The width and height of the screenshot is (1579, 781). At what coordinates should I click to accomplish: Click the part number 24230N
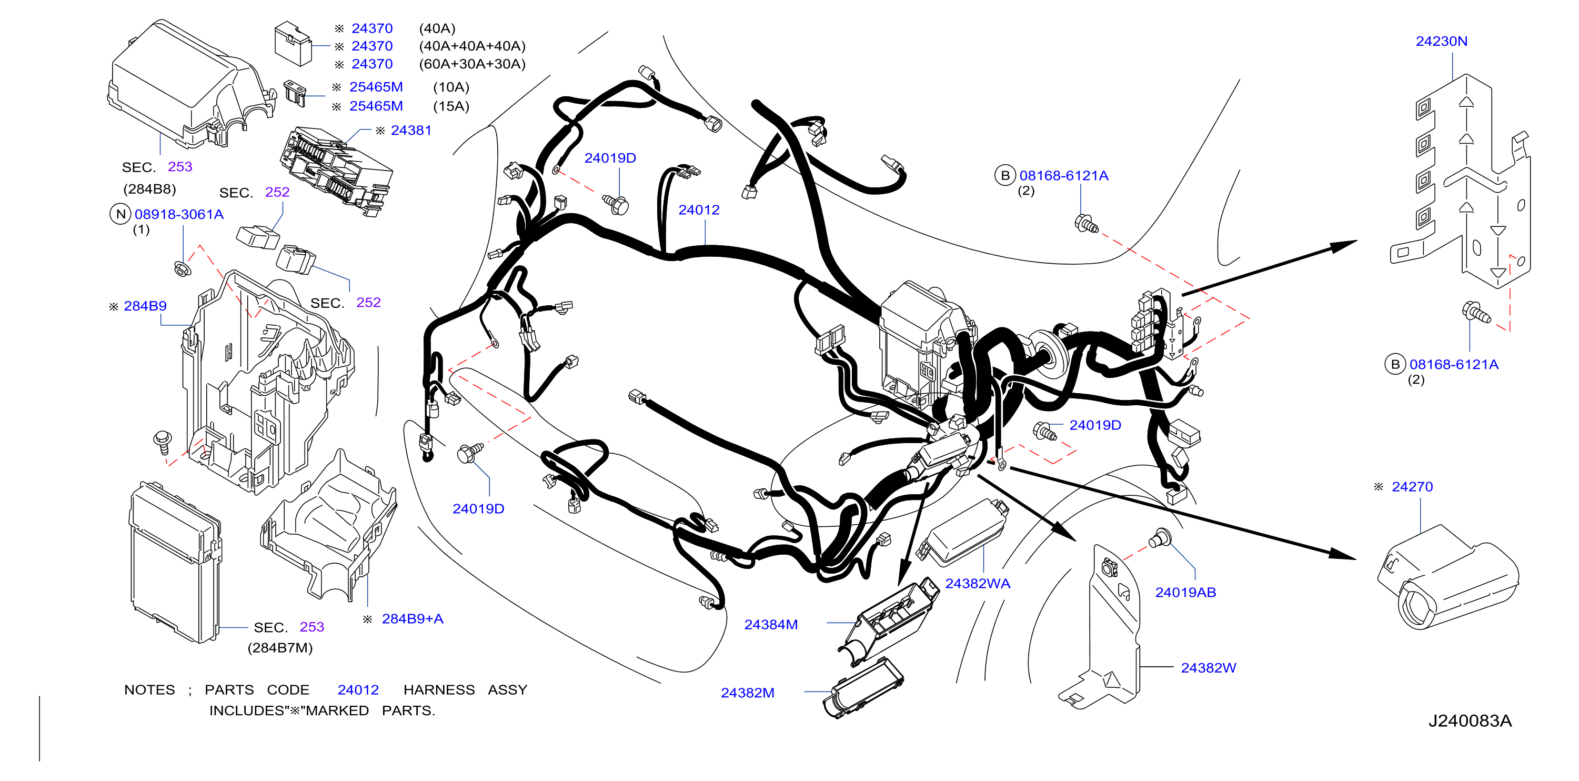1441,41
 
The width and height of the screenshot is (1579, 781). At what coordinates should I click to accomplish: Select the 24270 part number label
1412,487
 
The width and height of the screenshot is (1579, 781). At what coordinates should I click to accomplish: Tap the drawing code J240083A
1470,721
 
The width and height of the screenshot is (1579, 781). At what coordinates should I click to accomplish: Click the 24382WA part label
978,584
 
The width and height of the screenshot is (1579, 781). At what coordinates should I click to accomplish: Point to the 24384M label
771,625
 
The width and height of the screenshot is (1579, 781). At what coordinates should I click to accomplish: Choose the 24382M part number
748,693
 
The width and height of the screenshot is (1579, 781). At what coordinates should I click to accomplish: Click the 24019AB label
1185,592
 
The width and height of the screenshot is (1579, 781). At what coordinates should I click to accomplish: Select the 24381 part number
411,130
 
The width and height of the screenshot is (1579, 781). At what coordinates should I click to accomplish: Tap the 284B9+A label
413,618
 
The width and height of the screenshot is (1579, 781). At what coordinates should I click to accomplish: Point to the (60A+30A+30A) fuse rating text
472,64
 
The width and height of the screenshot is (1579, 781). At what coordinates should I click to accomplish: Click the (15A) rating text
451,106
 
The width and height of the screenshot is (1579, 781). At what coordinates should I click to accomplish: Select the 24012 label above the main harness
699,209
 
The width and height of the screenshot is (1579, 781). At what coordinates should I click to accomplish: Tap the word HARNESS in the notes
439,689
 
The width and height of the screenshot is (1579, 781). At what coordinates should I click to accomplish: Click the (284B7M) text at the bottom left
280,648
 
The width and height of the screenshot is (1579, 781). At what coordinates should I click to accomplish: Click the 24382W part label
1208,668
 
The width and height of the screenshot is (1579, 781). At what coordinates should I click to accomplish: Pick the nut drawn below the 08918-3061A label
182,268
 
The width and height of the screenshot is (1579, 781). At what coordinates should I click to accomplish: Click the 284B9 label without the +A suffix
145,306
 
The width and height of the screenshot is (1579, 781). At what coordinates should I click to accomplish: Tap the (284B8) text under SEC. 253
149,189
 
